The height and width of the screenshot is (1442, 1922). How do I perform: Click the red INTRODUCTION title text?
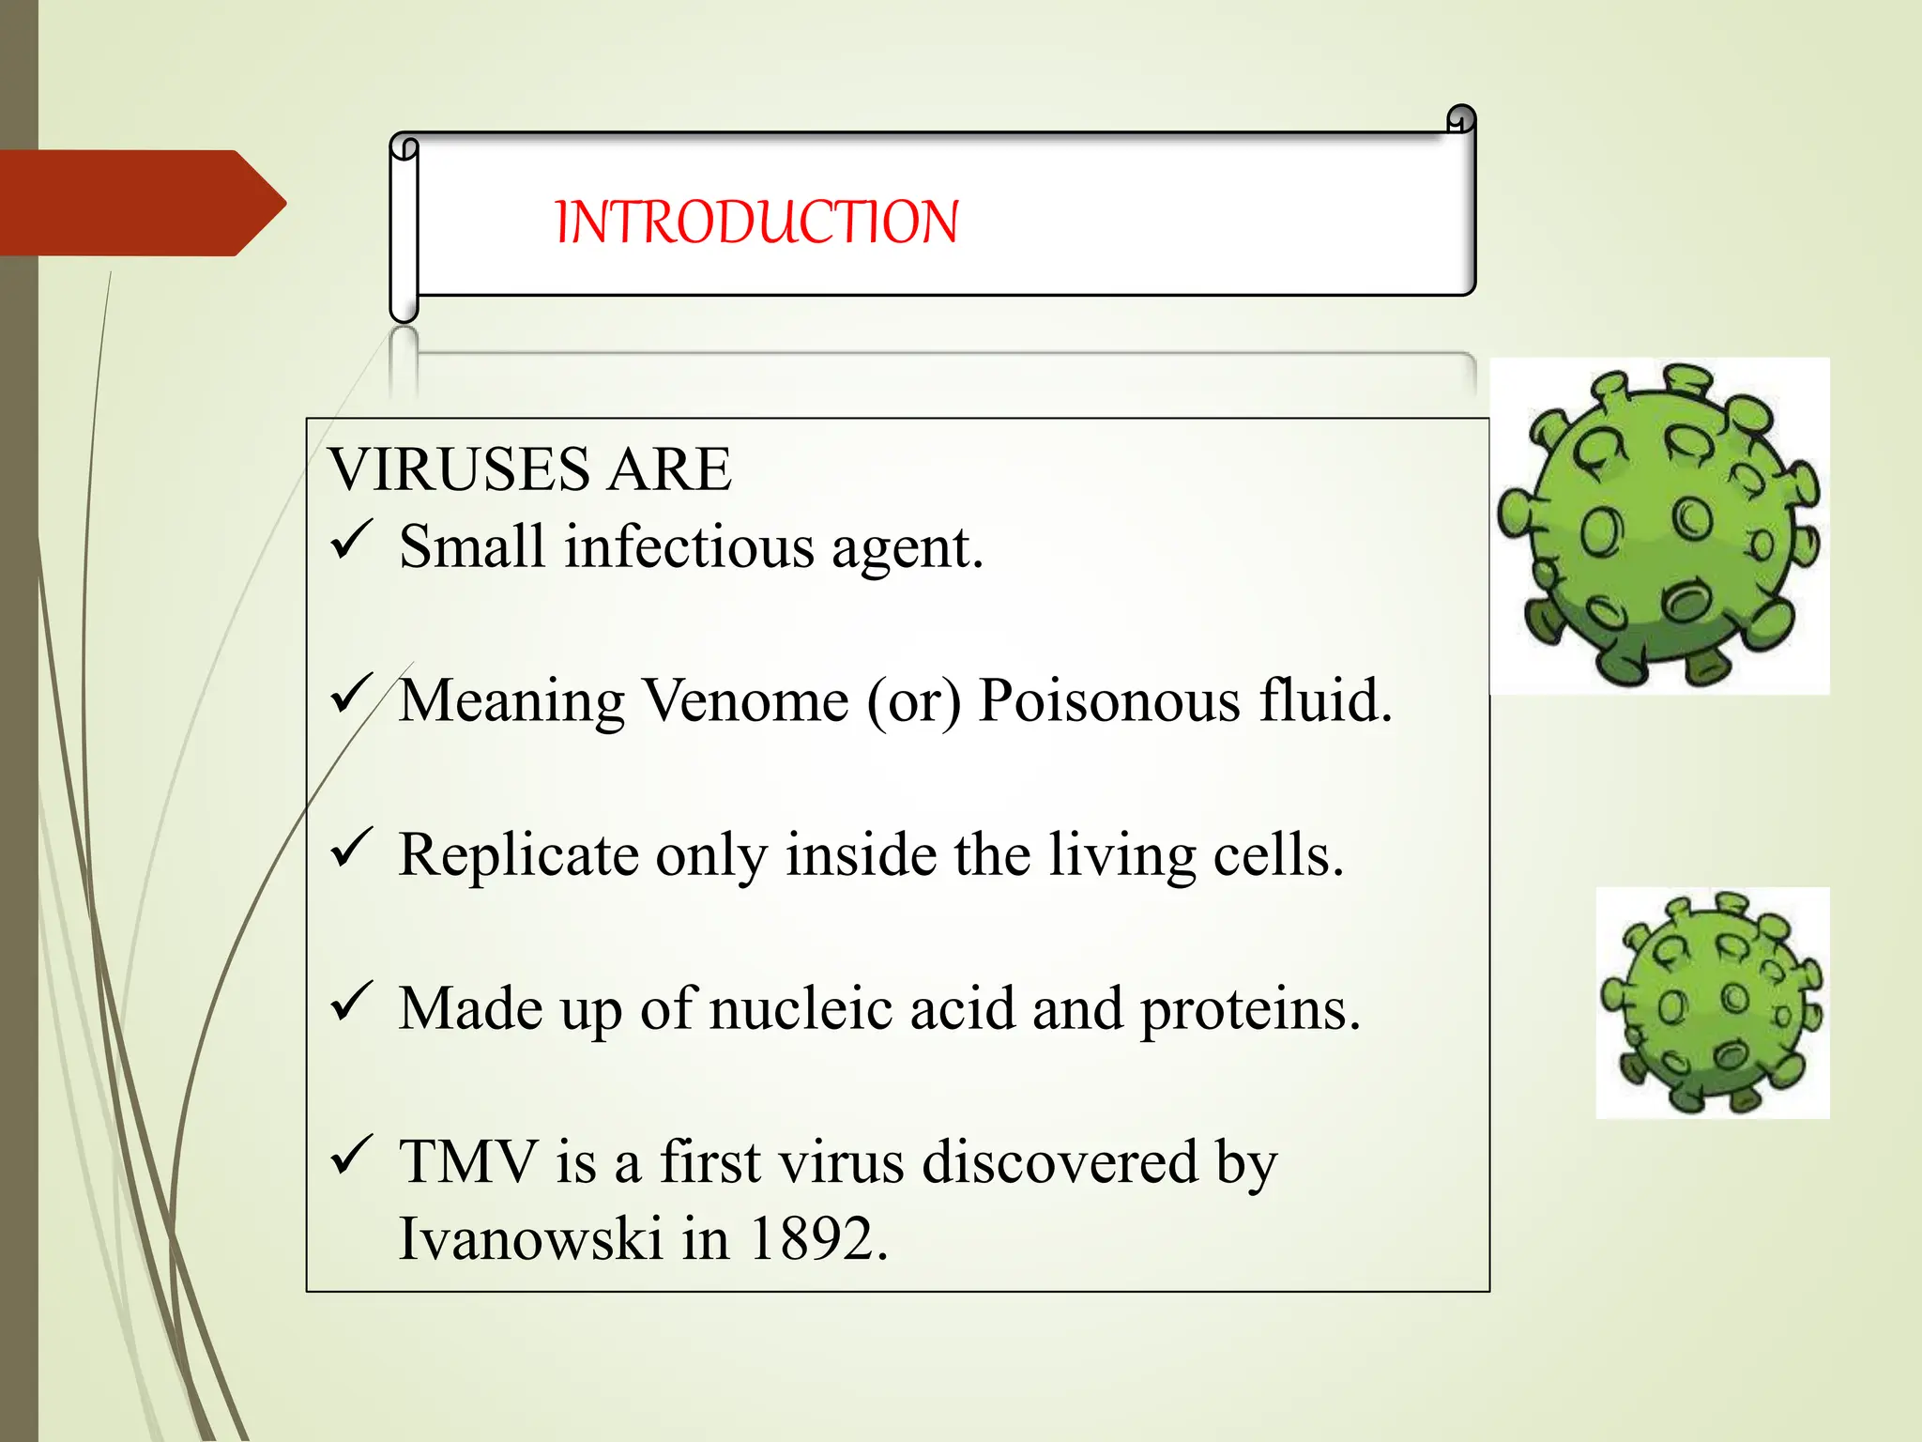(x=756, y=222)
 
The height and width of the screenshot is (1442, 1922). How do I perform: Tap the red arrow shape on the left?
(x=141, y=203)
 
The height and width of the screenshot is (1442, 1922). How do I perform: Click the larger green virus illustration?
(x=1659, y=526)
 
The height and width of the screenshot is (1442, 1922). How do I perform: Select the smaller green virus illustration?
(x=1712, y=1003)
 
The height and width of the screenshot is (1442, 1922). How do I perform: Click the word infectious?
(x=689, y=547)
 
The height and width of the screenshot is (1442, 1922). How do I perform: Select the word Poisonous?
(x=1108, y=701)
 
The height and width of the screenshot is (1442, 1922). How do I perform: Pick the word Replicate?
(x=518, y=856)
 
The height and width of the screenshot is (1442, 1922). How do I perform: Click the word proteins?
(x=1250, y=1011)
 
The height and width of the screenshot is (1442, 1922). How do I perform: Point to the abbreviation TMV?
(x=467, y=1162)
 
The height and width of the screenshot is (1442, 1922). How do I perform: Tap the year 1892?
(x=816, y=1239)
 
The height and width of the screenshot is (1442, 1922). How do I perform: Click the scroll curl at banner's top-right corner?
(x=1460, y=119)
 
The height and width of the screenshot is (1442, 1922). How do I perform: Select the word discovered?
(x=1060, y=1162)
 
